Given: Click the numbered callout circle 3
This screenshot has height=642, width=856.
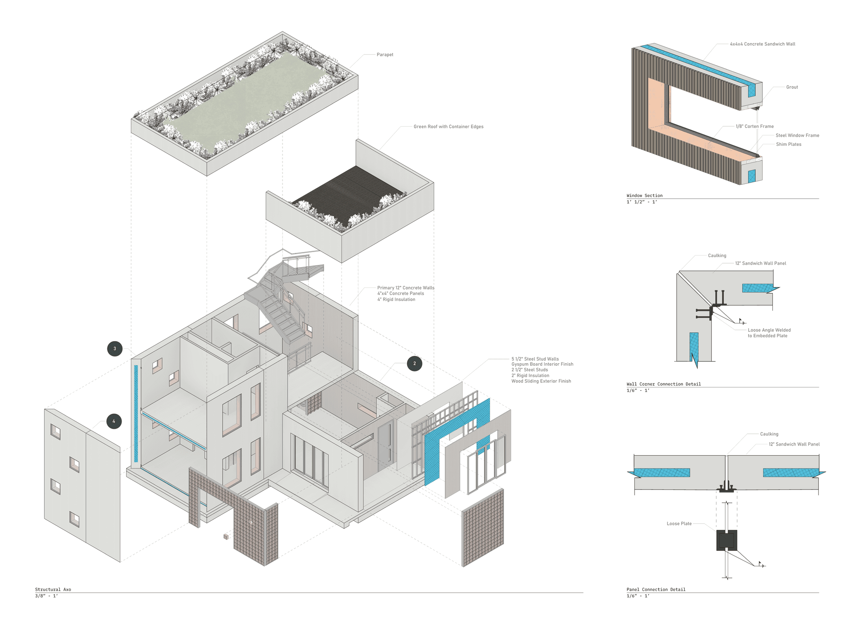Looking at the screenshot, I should click(115, 349).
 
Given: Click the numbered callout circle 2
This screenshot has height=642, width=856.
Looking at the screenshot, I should click(414, 364).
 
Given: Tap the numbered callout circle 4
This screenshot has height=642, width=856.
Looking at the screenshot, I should click(114, 421).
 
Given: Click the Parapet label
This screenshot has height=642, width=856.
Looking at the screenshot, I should click(385, 55).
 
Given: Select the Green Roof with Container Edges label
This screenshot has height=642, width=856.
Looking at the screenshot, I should click(448, 127).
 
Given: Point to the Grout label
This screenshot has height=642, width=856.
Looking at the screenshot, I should click(792, 87).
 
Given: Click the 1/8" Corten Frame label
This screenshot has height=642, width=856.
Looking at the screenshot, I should click(754, 126).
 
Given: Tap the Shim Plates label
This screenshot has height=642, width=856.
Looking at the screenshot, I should click(788, 145).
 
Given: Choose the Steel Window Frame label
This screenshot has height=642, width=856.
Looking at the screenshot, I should click(797, 135).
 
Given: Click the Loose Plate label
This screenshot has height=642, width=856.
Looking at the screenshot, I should click(679, 524).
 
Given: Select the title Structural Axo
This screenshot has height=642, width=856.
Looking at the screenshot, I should click(53, 589).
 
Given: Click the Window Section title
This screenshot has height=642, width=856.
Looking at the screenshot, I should click(644, 196).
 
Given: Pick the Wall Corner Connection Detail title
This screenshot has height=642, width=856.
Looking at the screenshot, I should click(663, 384).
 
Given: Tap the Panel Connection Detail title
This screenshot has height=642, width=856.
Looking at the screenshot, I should click(656, 589).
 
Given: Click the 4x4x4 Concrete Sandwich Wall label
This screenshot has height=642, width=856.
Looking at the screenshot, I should click(762, 44).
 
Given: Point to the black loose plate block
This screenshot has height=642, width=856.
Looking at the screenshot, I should click(726, 540).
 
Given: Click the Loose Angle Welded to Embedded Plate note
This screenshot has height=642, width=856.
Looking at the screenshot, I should click(769, 333).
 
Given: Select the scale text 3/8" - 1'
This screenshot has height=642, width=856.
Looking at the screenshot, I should click(46, 596).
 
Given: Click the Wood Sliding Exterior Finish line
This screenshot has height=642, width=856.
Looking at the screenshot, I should click(541, 381).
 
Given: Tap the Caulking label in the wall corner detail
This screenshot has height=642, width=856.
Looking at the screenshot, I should click(717, 256).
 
